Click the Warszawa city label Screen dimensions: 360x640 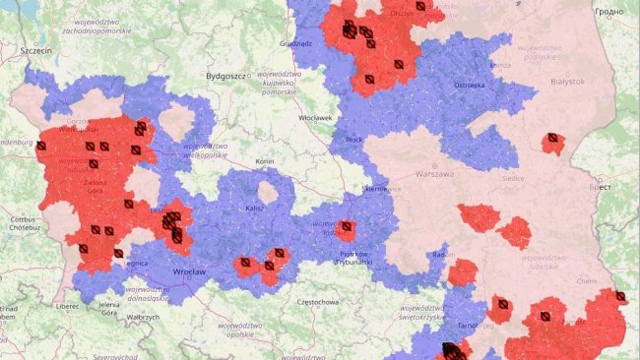pyautogui.click(x=434, y=174)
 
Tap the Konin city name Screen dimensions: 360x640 pyautogui.click(x=264, y=160)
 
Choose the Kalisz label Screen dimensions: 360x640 pyautogui.click(x=255, y=209)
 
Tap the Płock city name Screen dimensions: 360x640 pyautogui.click(x=354, y=140)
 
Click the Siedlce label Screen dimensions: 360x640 pyautogui.click(x=513, y=179)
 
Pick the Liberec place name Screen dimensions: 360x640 pyautogui.click(x=68, y=306)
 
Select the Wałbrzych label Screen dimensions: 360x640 pyautogui.click(x=143, y=318)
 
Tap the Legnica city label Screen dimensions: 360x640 pyautogui.click(x=135, y=264)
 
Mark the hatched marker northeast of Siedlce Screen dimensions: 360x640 pyautogui.click(x=554, y=139)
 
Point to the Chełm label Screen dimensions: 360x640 pyautogui.click(x=587, y=280)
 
